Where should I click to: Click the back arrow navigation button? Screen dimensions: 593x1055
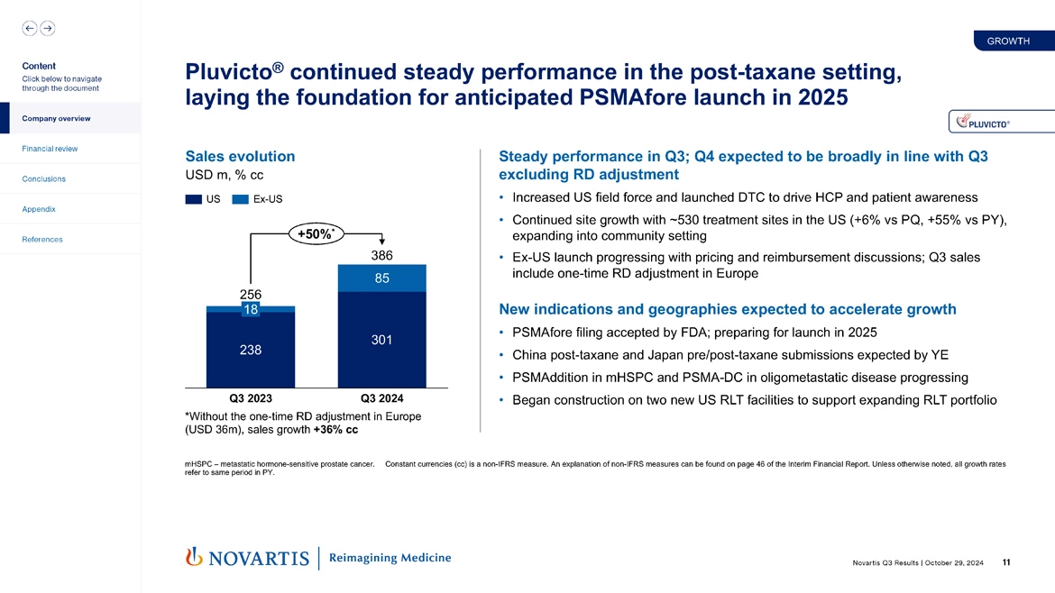coord(29,28)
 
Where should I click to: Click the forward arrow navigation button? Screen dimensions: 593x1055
coord(47,28)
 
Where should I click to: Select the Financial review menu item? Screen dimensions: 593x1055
coord(50,149)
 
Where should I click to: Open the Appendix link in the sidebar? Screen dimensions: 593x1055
coord(39,209)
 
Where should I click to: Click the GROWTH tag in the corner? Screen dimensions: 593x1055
coord(1008,41)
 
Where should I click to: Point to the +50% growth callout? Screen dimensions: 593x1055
coord(316,235)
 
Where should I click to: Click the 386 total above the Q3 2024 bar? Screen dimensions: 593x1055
coord(382,256)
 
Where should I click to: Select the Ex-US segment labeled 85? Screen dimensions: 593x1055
coord(382,278)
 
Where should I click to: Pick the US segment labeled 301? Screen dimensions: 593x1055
coord(382,340)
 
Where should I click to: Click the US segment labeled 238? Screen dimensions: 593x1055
coord(251,351)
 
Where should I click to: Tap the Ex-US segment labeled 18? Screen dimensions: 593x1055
coord(251,309)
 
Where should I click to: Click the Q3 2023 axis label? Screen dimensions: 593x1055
coord(251,397)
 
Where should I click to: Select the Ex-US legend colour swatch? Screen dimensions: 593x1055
coord(240,199)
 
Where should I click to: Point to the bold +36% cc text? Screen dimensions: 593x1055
coord(335,430)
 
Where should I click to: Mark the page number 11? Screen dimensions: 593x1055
coord(1005,563)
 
